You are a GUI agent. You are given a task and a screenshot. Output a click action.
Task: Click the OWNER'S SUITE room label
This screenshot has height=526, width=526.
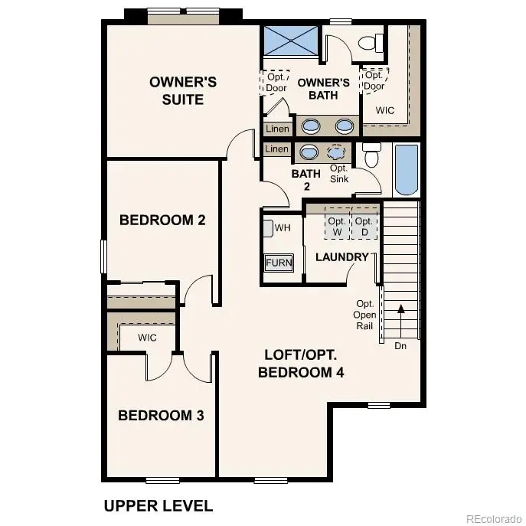(x=182, y=90)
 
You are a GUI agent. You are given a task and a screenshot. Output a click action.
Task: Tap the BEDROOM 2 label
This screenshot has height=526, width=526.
(x=162, y=221)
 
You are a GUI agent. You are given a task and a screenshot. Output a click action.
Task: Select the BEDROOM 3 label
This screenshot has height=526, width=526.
(x=161, y=416)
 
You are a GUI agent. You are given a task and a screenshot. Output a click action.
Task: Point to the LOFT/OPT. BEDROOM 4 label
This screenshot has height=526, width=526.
(x=301, y=364)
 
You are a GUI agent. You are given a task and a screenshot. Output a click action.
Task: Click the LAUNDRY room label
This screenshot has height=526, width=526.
(x=342, y=257)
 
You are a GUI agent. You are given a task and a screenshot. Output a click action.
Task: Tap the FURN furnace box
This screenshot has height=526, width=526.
(x=279, y=263)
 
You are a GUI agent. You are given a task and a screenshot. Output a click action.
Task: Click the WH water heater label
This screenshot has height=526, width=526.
(x=282, y=227)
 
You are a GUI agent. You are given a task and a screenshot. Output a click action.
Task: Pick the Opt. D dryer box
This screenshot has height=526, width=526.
(x=364, y=226)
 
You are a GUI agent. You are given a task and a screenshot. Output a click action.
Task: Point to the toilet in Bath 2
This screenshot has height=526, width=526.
(x=372, y=156)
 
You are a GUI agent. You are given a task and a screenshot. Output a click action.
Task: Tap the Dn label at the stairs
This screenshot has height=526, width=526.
(x=400, y=346)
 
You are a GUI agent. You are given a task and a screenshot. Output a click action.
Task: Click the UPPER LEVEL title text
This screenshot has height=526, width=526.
(x=158, y=505)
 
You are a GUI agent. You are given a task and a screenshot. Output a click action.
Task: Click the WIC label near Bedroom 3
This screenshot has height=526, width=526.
(x=148, y=338)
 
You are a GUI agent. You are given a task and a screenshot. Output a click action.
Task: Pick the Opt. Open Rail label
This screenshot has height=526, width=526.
(x=365, y=314)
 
